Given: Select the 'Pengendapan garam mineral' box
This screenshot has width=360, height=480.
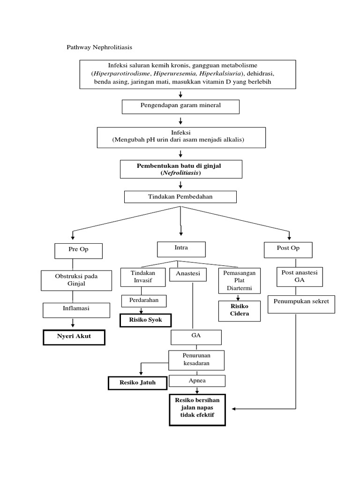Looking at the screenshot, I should (x=180, y=106).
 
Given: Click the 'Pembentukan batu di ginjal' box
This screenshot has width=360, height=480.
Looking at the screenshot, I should (x=181, y=169).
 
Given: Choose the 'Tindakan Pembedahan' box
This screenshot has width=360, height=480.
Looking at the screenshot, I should (x=180, y=197).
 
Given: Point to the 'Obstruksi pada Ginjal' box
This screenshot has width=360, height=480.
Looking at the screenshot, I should (x=76, y=280).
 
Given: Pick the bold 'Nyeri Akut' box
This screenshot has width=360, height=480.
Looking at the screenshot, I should (x=74, y=337).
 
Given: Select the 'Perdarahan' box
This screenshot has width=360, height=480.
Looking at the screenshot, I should (x=144, y=300).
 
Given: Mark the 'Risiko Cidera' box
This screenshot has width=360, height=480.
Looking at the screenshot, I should (x=240, y=311).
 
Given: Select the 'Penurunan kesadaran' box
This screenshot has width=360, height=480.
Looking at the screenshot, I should (x=197, y=360).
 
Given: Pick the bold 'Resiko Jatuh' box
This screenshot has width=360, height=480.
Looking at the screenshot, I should (x=137, y=383).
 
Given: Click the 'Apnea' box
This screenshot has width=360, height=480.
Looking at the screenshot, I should (x=197, y=382).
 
